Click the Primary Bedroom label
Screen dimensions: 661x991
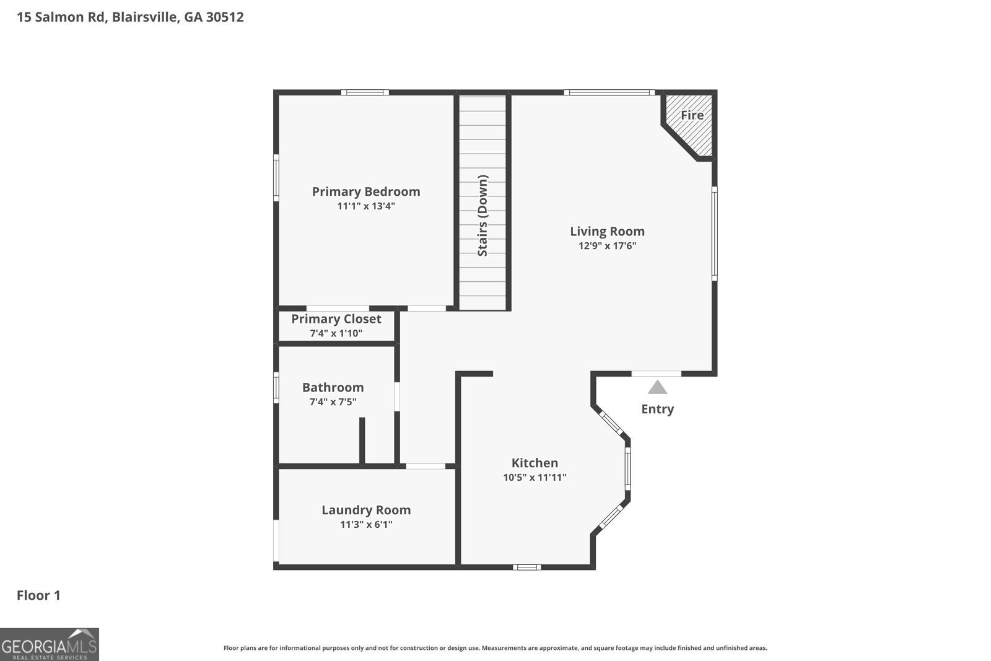366,191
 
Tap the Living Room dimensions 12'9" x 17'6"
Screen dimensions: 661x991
607,246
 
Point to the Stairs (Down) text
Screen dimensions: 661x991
482,216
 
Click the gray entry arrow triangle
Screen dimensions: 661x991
657,388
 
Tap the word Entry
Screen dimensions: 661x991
657,409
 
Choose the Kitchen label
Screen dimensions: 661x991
535,463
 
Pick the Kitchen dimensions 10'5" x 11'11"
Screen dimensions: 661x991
535,478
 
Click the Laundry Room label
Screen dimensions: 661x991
366,510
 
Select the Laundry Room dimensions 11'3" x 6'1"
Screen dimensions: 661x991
366,525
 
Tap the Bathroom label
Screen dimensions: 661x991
333,387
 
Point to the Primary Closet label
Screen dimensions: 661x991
336,318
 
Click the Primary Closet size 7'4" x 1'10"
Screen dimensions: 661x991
336,333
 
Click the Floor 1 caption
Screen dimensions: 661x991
38,595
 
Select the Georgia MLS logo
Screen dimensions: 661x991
49,644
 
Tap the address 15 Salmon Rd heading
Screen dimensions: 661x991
130,17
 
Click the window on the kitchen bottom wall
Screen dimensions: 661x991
526,567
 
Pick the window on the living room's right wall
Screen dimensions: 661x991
714,234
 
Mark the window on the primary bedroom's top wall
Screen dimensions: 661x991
365,92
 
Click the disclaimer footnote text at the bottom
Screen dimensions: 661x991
495,648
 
